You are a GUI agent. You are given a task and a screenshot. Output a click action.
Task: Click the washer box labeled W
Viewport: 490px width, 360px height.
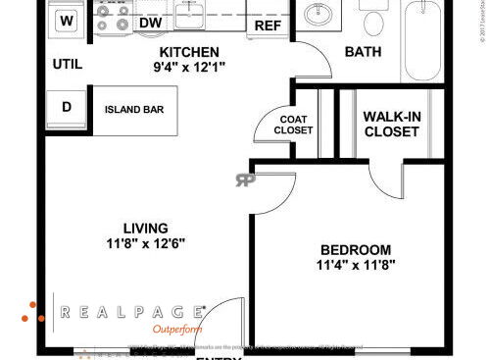click(x=67, y=19)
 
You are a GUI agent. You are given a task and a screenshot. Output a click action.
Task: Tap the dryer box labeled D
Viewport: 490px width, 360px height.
click(x=67, y=108)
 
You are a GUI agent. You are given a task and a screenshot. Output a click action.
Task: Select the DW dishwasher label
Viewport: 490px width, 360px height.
click(x=150, y=22)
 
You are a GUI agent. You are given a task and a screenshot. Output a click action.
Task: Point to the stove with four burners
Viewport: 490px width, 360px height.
click(x=113, y=17)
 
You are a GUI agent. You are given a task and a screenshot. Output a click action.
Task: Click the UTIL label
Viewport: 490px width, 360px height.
click(x=68, y=65)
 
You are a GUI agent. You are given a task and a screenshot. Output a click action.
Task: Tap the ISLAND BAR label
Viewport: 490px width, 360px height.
click(x=133, y=109)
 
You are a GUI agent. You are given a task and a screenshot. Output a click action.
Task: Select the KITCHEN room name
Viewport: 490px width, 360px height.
click(x=189, y=52)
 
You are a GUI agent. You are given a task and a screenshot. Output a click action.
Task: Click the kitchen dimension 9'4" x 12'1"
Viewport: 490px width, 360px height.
click(x=189, y=69)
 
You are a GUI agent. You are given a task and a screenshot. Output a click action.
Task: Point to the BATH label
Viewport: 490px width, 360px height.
click(x=362, y=51)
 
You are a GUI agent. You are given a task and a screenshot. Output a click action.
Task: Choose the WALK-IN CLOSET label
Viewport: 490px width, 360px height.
click(x=392, y=125)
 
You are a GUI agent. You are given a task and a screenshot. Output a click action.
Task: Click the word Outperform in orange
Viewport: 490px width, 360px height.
click(x=177, y=330)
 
